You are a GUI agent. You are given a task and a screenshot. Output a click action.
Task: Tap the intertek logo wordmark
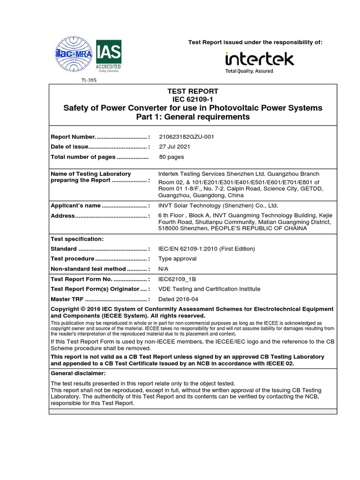point(259,59)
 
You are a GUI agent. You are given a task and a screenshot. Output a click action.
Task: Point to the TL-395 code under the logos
point(89,80)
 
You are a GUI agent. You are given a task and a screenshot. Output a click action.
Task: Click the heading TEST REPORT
point(193,91)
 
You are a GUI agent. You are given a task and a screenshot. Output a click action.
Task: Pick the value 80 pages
point(172,157)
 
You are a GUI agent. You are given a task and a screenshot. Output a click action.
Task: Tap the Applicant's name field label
point(75,205)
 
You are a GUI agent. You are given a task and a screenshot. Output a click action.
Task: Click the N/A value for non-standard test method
point(164,269)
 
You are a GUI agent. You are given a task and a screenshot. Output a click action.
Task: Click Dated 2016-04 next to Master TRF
point(179,299)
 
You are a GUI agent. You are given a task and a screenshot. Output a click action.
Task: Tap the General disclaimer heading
point(78,373)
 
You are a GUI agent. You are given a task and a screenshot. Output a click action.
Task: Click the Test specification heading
point(77,239)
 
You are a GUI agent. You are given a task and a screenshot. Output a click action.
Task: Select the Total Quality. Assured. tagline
point(249,71)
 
